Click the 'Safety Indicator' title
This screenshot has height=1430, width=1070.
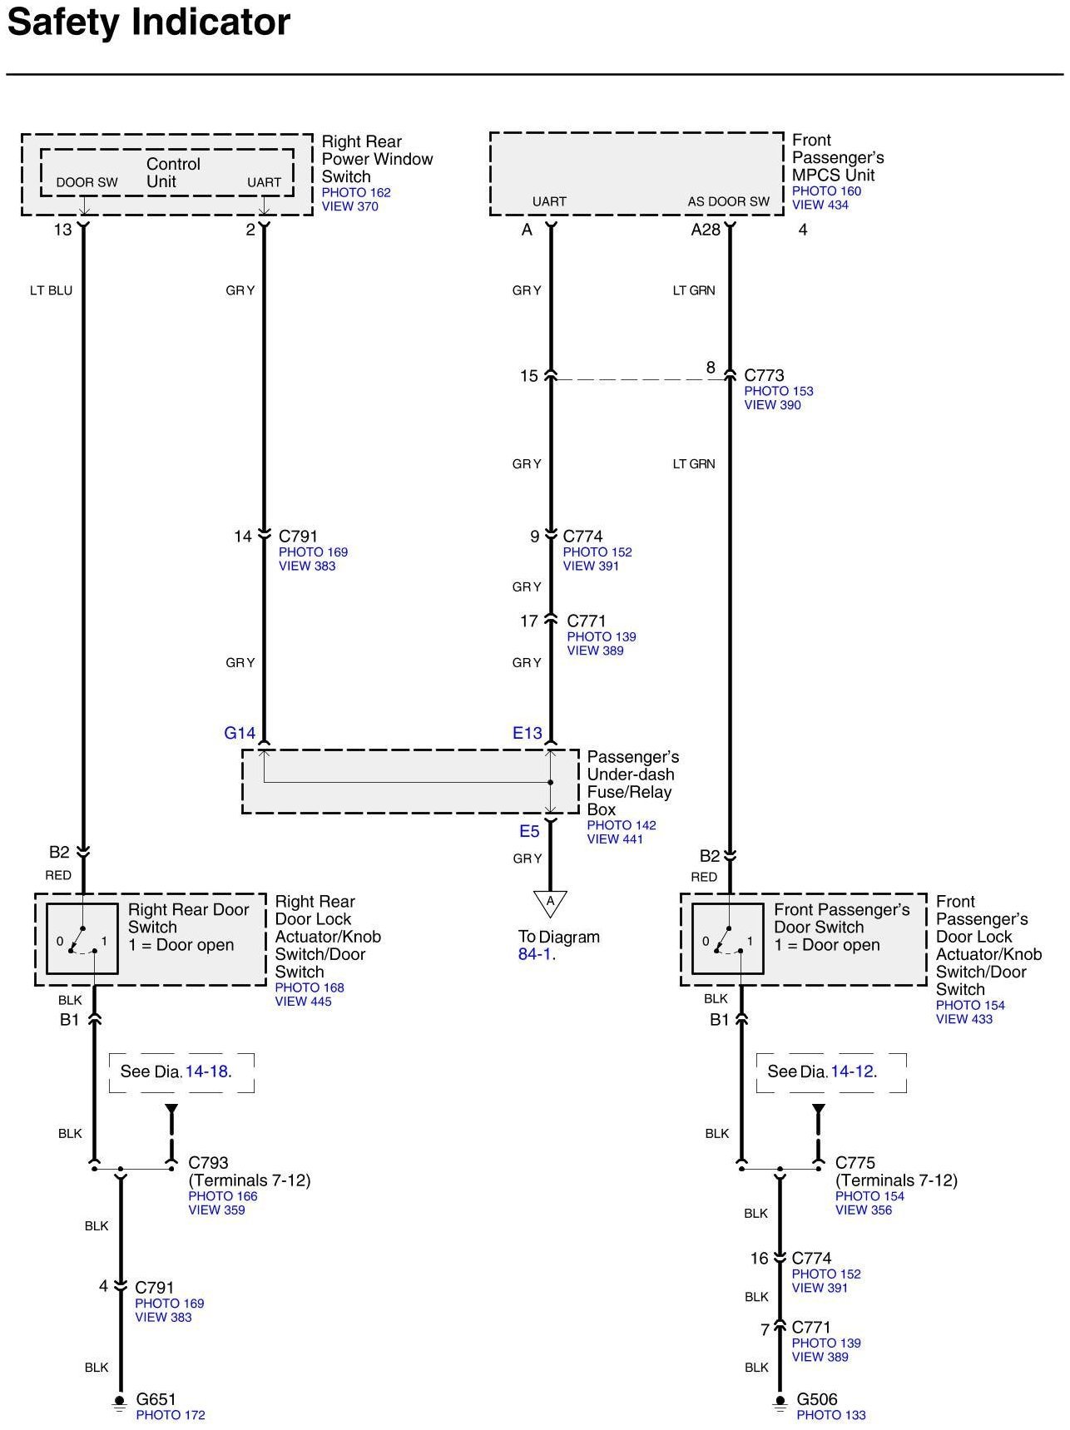[149, 22]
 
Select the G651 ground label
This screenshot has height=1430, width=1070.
[156, 1399]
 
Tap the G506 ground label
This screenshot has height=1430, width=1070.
[816, 1399]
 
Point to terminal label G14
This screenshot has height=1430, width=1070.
[240, 733]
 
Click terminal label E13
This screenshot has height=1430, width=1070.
[527, 733]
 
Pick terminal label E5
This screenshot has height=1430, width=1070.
[529, 831]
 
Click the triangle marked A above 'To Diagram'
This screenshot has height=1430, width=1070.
[550, 903]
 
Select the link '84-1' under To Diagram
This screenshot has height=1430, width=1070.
[535, 954]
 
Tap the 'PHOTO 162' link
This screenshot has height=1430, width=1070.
[356, 192]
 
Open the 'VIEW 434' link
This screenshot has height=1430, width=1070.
[820, 205]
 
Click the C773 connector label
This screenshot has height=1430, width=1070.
[764, 375]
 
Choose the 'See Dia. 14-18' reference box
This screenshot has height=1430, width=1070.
[181, 1071]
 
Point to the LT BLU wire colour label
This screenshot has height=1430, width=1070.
[51, 290]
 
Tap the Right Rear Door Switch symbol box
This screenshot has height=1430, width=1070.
[82, 938]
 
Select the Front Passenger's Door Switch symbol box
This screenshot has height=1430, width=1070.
[727, 938]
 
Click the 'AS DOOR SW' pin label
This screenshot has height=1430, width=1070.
[728, 201]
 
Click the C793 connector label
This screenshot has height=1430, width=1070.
[208, 1162]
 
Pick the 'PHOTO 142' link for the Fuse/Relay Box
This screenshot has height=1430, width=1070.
[621, 825]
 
